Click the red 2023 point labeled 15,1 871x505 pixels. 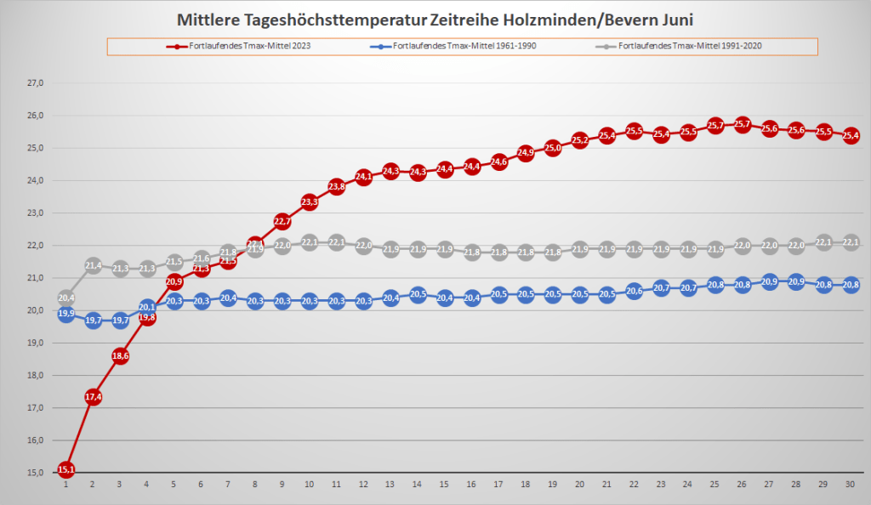point(66,469)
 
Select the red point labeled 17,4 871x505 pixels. point(94,397)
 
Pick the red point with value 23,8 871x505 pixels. point(336,186)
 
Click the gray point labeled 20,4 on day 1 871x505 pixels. point(66,298)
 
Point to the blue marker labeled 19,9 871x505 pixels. point(66,314)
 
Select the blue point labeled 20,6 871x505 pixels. point(634,291)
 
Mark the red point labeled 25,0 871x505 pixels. point(553,148)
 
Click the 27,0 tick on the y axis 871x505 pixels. point(36,83)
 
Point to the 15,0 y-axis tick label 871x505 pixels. point(36,473)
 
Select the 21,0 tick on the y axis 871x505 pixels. point(36,278)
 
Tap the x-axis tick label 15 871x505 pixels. point(444,484)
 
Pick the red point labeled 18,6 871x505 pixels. point(120,357)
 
